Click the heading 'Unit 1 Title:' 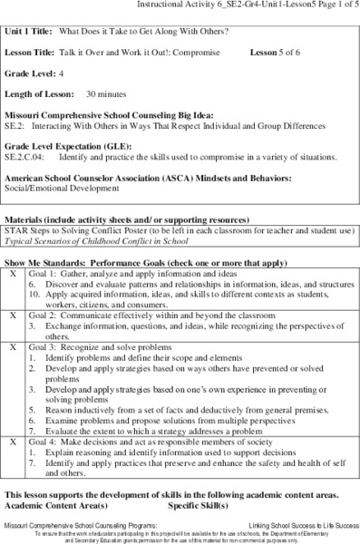(30, 34)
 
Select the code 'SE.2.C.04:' (27, 157)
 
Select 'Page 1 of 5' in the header (332, 5)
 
